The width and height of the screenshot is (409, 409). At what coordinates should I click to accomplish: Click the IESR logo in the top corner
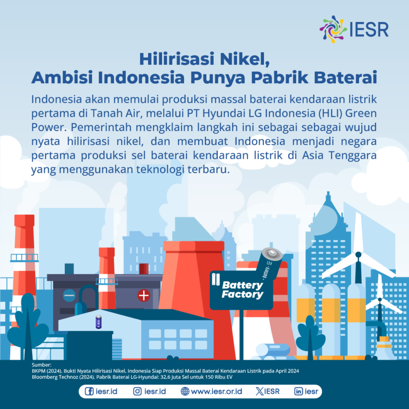[354, 28]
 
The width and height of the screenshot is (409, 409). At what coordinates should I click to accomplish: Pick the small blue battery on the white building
[99, 322]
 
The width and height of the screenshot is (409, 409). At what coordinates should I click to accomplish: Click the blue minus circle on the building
[70, 295]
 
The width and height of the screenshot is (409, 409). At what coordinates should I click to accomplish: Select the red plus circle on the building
[144, 295]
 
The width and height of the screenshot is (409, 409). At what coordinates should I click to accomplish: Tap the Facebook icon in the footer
[90, 391]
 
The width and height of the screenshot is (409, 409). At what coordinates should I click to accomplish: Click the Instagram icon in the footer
[138, 391]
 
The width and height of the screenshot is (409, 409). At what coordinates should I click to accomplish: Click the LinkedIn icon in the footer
[298, 391]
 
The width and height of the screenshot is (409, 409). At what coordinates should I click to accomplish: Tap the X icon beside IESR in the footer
[259, 391]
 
